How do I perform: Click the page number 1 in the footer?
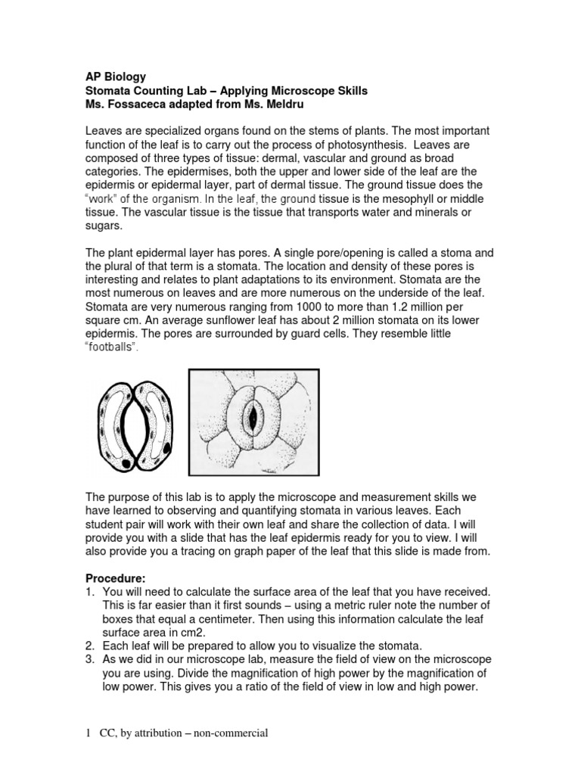(89, 733)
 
